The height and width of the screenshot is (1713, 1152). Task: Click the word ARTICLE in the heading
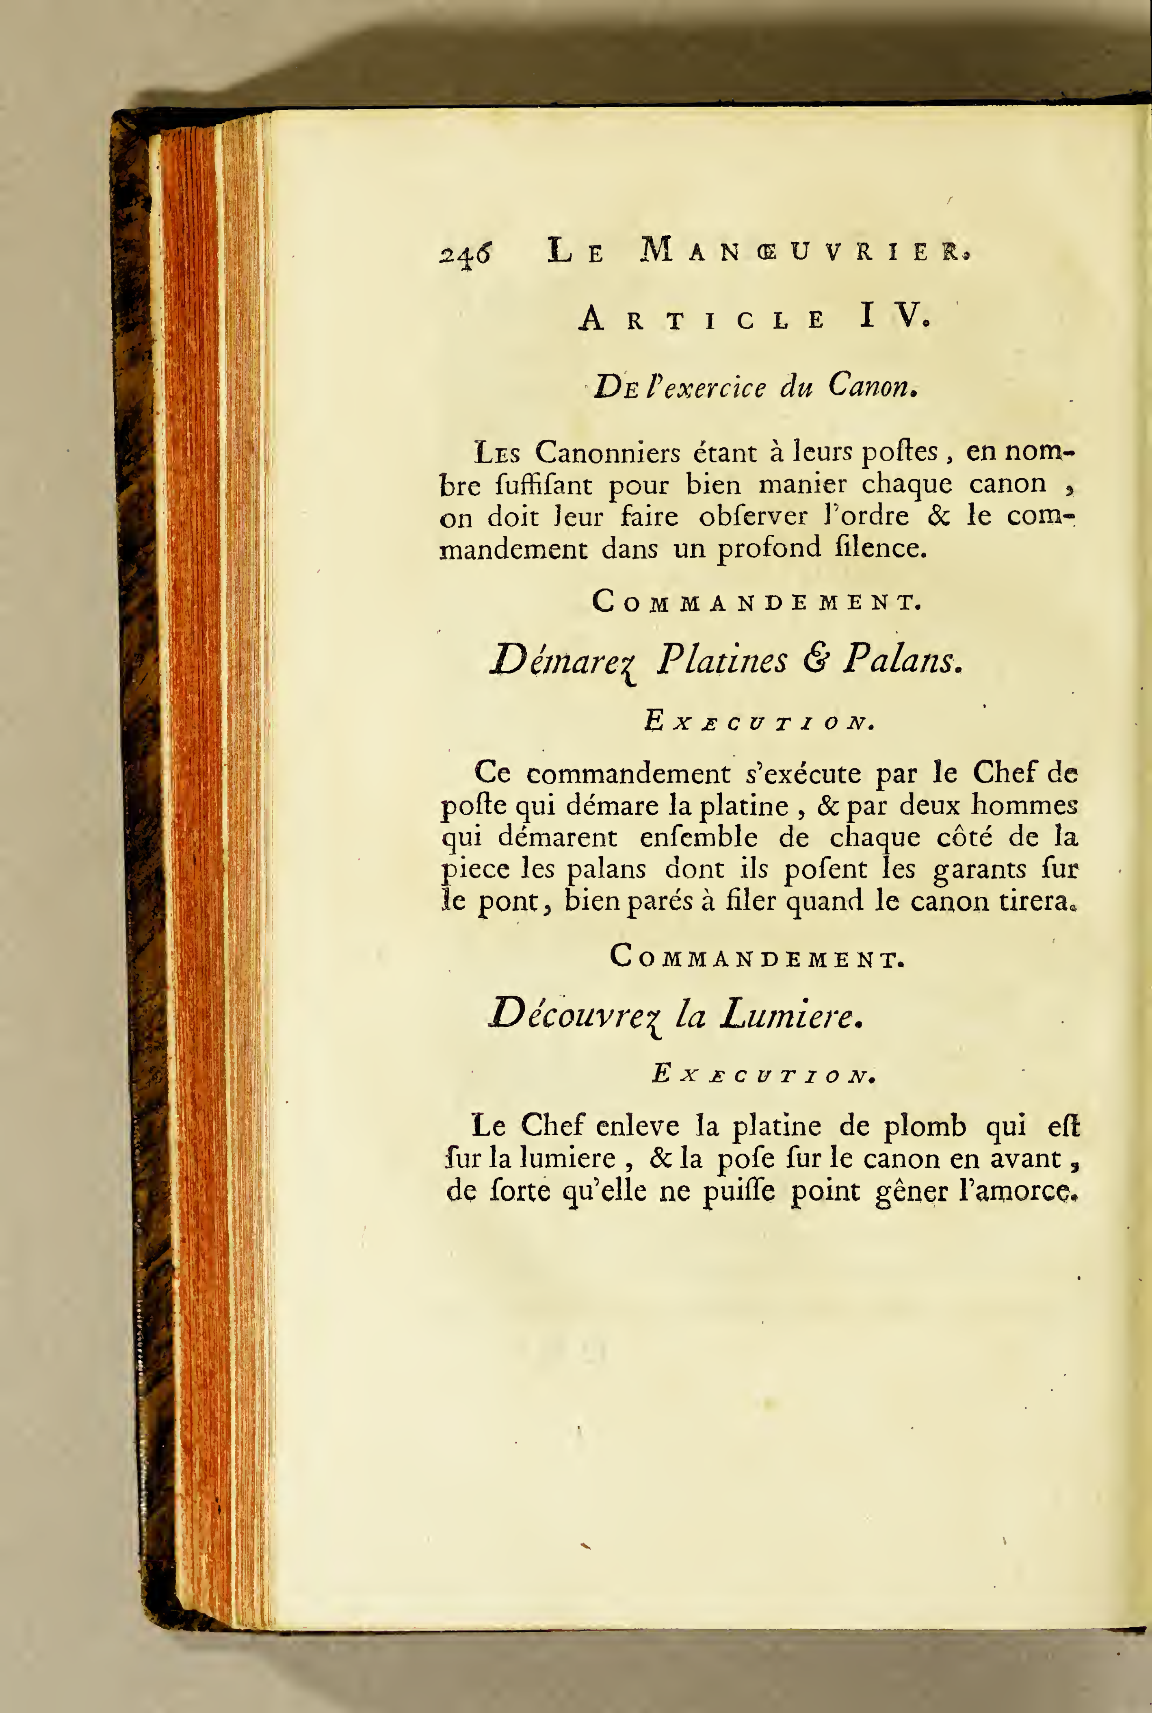(x=702, y=320)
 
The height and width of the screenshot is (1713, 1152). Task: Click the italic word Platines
(x=721, y=659)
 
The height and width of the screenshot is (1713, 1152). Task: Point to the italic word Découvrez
(x=576, y=1015)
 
